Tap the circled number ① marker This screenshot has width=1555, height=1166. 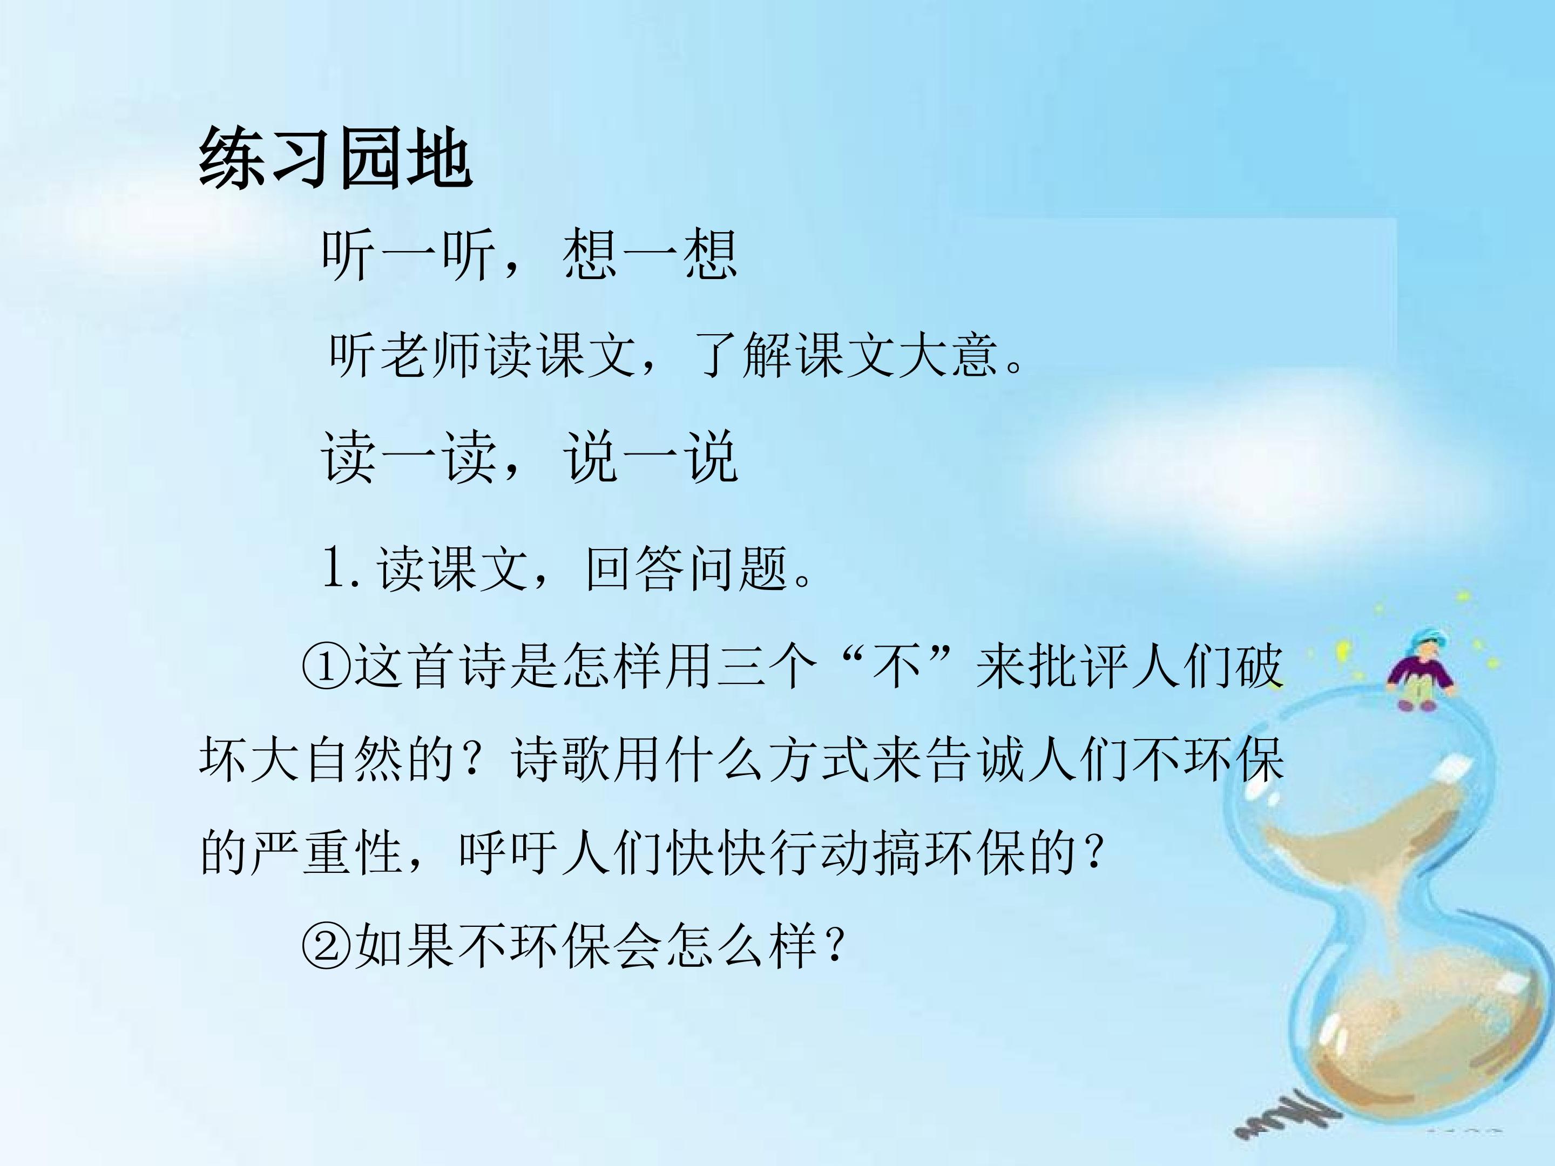(326, 666)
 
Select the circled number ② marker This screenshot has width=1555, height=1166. (326, 945)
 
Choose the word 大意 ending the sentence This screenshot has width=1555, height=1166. (973, 356)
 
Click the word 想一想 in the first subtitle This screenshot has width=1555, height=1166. (650, 254)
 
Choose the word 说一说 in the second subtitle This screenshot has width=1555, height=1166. (650, 458)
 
